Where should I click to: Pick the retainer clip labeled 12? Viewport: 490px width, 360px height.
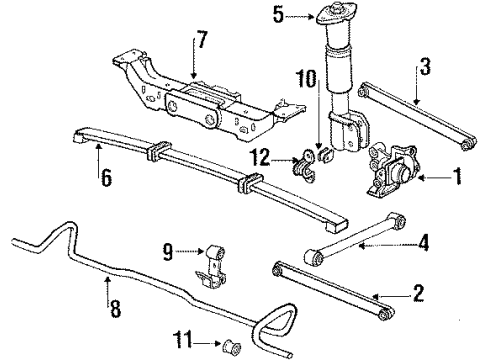[302, 161]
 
